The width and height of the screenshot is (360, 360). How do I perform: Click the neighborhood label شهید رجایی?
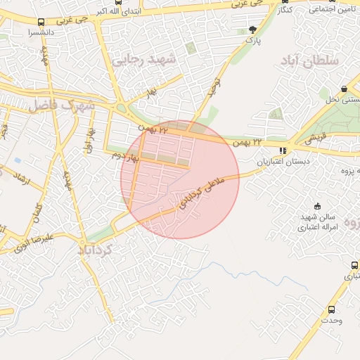tap(153, 61)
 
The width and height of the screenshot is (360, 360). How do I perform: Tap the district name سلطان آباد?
tap(309, 61)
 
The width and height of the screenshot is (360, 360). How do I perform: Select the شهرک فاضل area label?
tap(61, 105)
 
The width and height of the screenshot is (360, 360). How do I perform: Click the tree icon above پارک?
tap(252, 30)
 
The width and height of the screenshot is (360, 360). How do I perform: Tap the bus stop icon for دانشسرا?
tap(40, 22)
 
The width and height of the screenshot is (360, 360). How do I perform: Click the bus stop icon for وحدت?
tap(332, 309)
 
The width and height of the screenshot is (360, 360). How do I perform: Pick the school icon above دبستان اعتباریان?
tap(283, 150)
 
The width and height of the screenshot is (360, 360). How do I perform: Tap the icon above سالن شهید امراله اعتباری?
tap(318, 206)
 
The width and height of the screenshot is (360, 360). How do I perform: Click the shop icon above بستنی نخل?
tap(343, 89)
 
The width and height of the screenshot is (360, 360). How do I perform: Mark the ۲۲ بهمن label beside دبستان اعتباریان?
tap(266, 143)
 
